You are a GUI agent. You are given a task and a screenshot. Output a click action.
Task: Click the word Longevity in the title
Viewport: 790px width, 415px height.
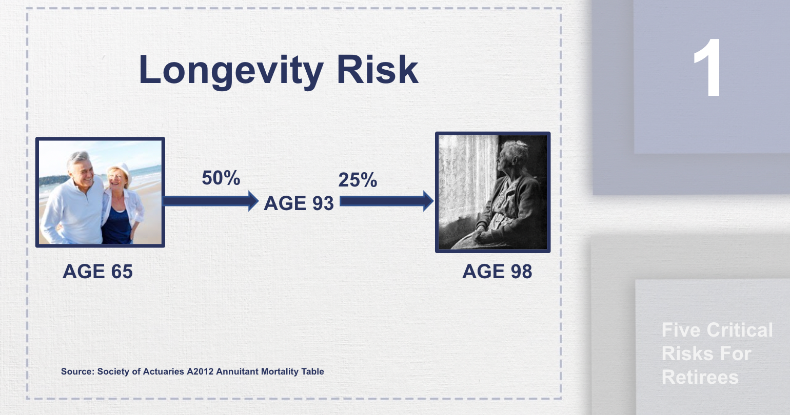[x=231, y=70]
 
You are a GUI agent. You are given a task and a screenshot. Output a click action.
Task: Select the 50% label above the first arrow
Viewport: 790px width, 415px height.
[x=221, y=178]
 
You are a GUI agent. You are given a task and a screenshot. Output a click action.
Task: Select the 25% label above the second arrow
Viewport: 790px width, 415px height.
[x=358, y=180]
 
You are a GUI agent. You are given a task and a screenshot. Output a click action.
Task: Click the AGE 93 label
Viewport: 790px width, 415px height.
[x=299, y=203]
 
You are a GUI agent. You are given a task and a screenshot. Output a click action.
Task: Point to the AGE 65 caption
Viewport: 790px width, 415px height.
[x=97, y=272]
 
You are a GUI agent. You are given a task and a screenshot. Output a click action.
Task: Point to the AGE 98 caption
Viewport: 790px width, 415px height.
[x=497, y=272]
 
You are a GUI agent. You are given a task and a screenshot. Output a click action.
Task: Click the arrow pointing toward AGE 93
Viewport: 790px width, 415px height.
[x=210, y=200]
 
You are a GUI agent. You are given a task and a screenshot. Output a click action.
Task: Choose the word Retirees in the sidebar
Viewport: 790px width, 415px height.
[x=700, y=377]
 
